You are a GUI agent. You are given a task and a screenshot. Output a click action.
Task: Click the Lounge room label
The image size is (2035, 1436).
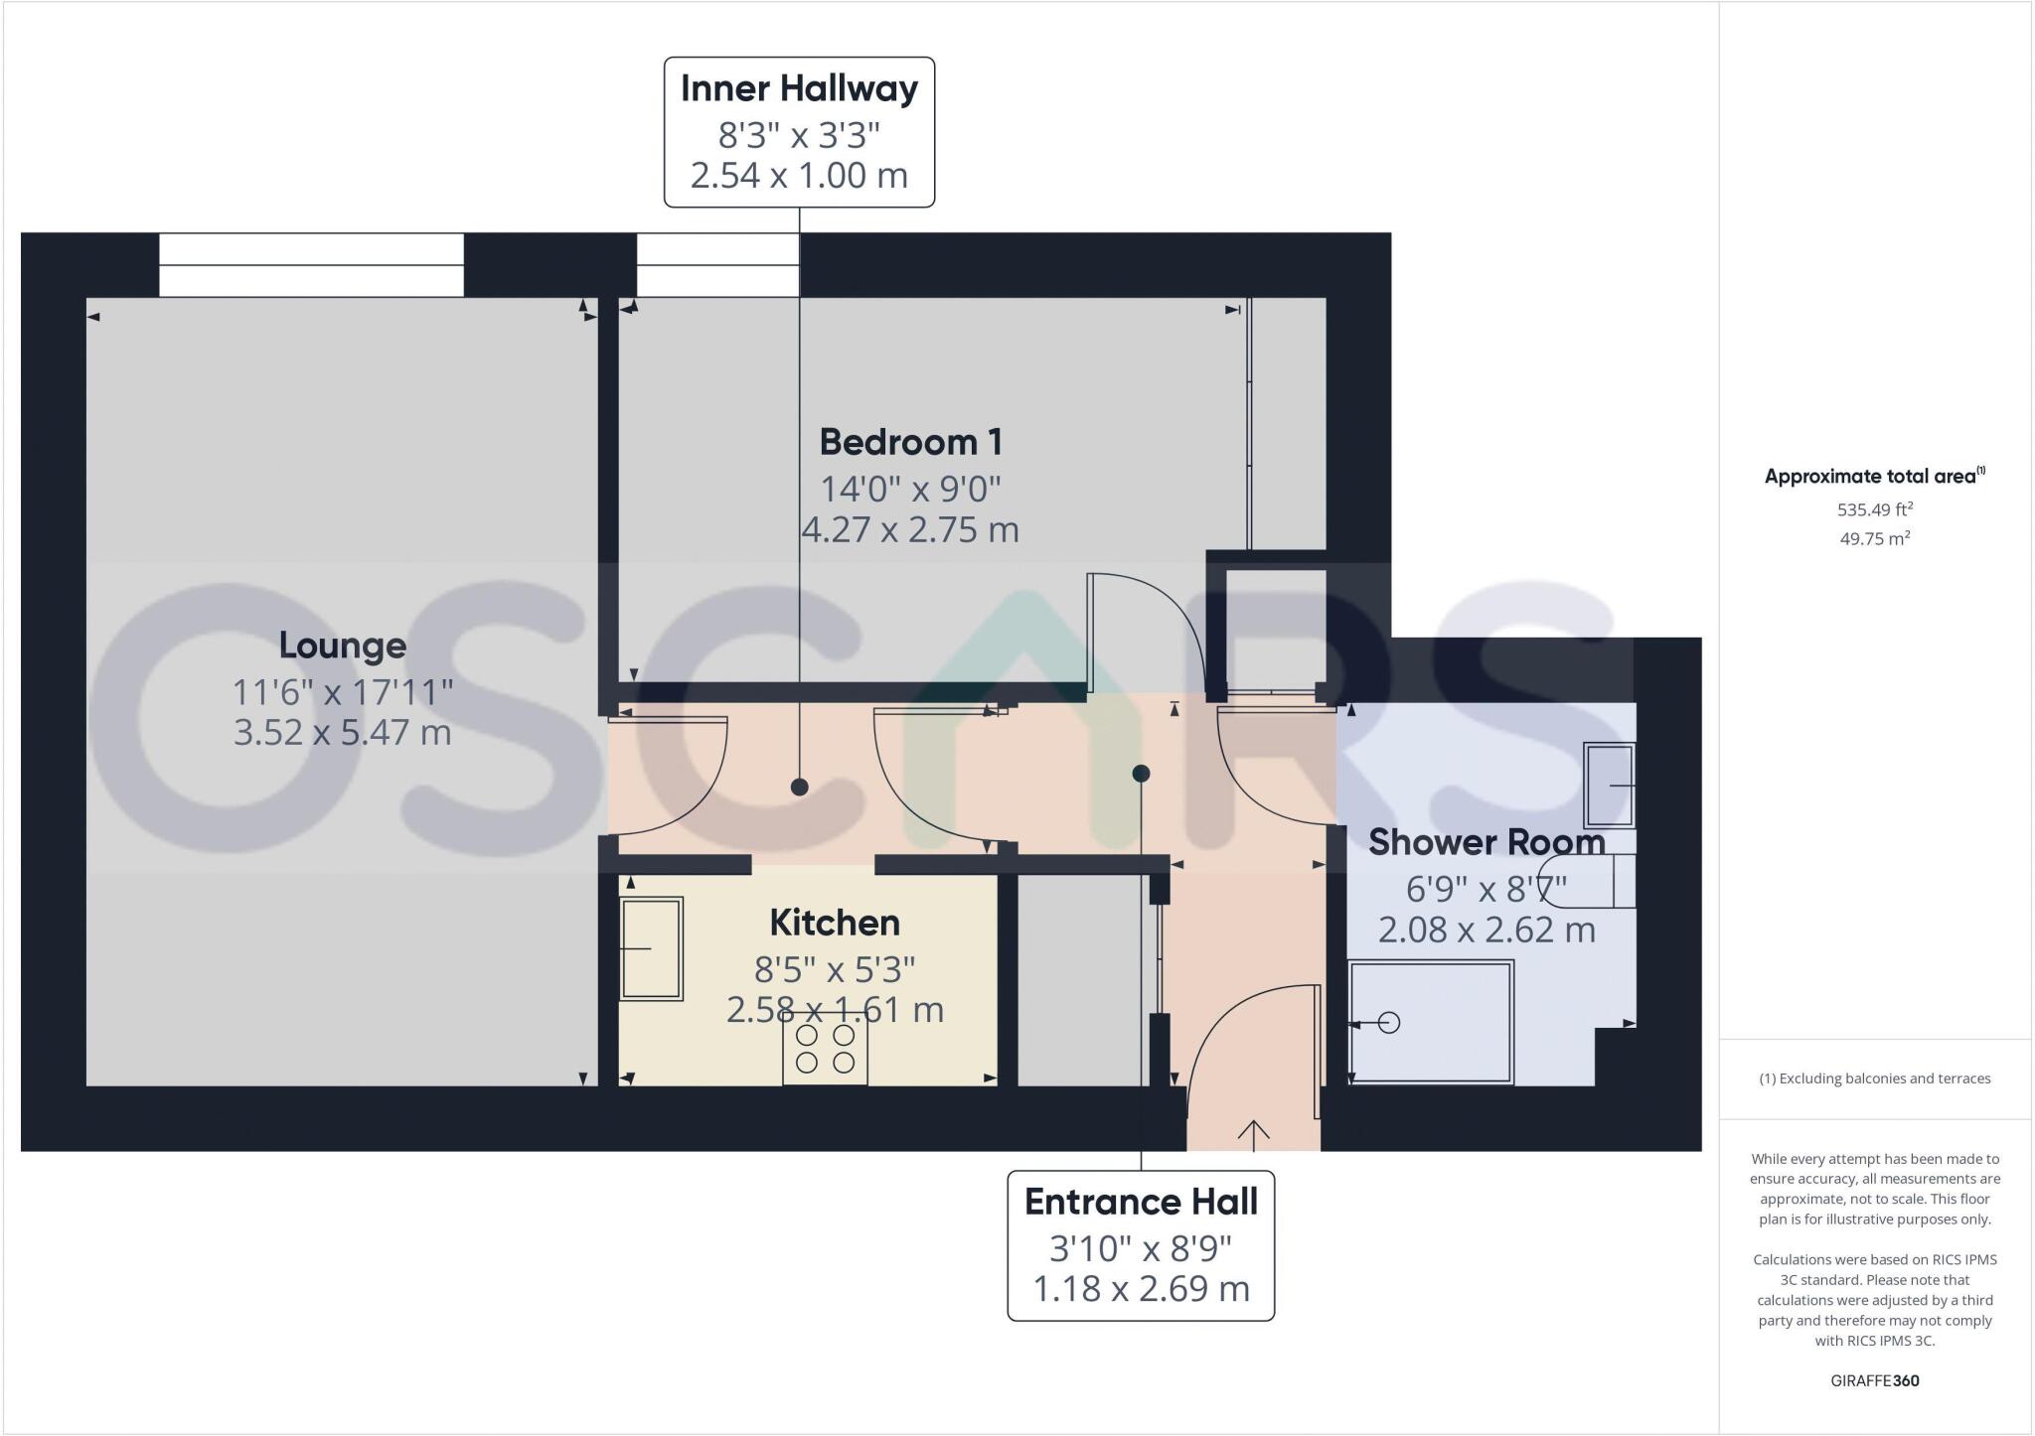pyautogui.click(x=342, y=646)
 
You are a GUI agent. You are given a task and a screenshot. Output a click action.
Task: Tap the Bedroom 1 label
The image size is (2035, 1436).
pyautogui.click(x=910, y=442)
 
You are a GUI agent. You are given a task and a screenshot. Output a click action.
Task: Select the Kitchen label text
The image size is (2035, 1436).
pyautogui.click(x=835, y=923)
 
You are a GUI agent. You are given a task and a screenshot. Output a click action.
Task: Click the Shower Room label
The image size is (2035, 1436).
pyautogui.click(x=1487, y=842)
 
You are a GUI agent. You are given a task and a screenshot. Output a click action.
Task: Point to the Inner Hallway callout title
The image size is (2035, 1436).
pyautogui.click(x=799, y=88)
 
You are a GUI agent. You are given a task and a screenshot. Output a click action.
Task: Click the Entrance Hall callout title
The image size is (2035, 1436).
pyautogui.click(x=1141, y=1202)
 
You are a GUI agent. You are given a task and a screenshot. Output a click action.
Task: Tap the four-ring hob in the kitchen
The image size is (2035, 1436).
pyautogui.click(x=825, y=1050)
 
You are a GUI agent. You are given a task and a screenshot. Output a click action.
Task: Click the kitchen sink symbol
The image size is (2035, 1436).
pyautogui.click(x=651, y=948)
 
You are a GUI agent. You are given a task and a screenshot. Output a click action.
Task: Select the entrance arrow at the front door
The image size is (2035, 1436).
pyautogui.click(x=1253, y=1133)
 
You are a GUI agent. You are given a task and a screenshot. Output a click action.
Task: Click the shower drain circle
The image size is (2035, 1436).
pyautogui.click(x=1389, y=1022)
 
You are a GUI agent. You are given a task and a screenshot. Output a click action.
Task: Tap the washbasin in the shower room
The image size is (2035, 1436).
pyautogui.click(x=1610, y=785)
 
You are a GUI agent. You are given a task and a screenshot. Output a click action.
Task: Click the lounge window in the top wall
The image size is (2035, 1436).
pyautogui.click(x=311, y=265)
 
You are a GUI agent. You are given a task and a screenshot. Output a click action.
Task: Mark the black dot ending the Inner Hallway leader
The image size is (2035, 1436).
pyautogui.click(x=799, y=788)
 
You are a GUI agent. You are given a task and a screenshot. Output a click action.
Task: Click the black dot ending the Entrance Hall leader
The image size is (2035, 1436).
pyautogui.click(x=1141, y=773)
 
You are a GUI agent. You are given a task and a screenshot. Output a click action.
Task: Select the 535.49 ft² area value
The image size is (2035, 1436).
pyautogui.click(x=1874, y=509)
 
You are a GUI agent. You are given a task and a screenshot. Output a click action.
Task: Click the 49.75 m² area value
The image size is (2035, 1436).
pyautogui.click(x=1874, y=538)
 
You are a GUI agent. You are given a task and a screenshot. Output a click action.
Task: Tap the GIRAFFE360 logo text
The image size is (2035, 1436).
pyautogui.click(x=1874, y=1380)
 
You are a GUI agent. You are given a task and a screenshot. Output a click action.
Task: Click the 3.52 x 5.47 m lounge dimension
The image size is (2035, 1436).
pyautogui.click(x=342, y=733)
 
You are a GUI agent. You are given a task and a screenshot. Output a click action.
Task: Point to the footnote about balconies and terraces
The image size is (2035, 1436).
pyautogui.click(x=1874, y=1078)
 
